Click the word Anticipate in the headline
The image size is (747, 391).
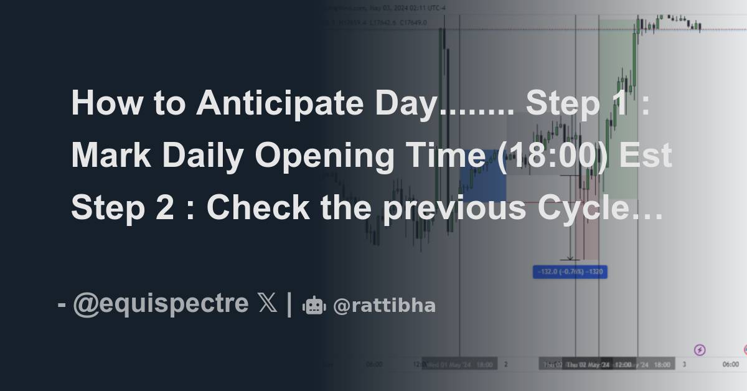pyautogui.click(x=281, y=103)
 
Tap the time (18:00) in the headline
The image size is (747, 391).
pyautogui.click(x=546, y=156)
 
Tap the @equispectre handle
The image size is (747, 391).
pyautogui.click(x=161, y=305)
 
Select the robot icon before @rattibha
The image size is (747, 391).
pyautogui.click(x=314, y=306)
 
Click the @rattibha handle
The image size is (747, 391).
pyautogui.click(x=384, y=306)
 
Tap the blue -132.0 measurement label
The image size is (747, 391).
pyautogui.click(x=570, y=271)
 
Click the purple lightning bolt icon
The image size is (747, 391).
pyautogui.click(x=700, y=350)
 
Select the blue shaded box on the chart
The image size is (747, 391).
pyautogui.click(x=482, y=176)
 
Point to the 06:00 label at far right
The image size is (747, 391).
pyautogui.click(x=731, y=364)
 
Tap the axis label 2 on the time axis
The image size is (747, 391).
pyautogui.click(x=506, y=364)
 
